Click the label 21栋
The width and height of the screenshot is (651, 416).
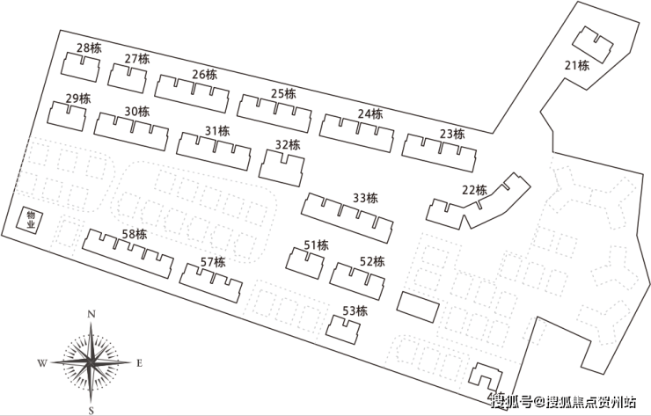click(x=576, y=65)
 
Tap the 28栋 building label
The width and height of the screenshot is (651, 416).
click(x=89, y=48)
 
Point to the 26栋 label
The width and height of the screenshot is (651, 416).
click(x=204, y=75)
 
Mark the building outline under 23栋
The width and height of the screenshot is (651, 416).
click(x=439, y=153)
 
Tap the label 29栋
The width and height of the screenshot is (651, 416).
click(x=78, y=99)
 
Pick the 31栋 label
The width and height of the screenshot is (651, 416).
click(x=216, y=131)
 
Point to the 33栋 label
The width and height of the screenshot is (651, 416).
click(x=364, y=198)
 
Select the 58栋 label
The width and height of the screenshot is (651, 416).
click(x=134, y=234)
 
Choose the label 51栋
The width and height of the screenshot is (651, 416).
click(x=316, y=245)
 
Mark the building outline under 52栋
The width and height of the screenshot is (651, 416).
click(x=358, y=278)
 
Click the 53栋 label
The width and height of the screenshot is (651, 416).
click(x=355, y=310)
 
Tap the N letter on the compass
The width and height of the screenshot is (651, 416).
click(x=91, y=314)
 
